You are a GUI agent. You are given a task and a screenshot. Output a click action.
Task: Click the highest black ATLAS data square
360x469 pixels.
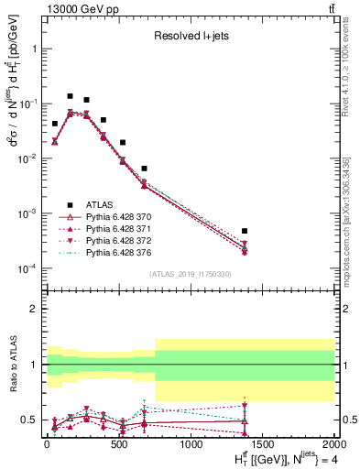coord(70,96)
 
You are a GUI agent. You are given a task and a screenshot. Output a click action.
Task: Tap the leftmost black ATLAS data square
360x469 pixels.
coord(55,124)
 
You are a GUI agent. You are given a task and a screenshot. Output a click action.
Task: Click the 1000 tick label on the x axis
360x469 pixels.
coord(190,444)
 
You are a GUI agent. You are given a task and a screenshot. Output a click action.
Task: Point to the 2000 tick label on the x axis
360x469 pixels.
coord(332,444)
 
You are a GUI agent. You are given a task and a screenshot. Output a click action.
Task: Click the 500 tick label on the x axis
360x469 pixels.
coord(118,444)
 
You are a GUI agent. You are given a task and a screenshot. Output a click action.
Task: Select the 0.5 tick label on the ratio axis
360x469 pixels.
coord(30,420)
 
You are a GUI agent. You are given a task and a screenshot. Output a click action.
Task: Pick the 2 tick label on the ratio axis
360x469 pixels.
coord(35,309)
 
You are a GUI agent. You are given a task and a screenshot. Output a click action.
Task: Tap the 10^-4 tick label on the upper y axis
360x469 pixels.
coord(27,268)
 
